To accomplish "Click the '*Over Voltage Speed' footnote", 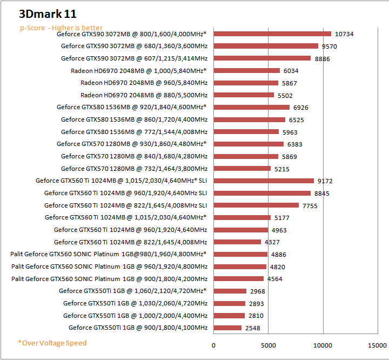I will [x=52, y=343].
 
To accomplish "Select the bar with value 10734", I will [x=272, y=34].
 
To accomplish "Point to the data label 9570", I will [x=338, y=46].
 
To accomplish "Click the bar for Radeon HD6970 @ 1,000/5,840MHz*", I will [x=247, y=70].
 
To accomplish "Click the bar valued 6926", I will [x=252, y=107].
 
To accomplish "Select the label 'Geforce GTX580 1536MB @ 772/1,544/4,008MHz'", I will [x=134, y=131].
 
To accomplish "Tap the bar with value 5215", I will [x=242, y=169].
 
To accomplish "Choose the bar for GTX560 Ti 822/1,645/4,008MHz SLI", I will [x=256, y=205].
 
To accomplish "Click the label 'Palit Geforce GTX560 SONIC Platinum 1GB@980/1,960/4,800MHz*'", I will [x=109, y=254].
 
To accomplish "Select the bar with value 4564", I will [x=239, y=279].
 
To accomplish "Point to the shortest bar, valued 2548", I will [x=227, y=328].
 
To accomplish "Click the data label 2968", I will [x=258, y=291].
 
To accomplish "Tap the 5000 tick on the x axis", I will [x=269, y=344].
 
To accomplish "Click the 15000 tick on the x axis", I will [x=378, y=344].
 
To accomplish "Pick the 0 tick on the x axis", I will [x=213, y=344].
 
